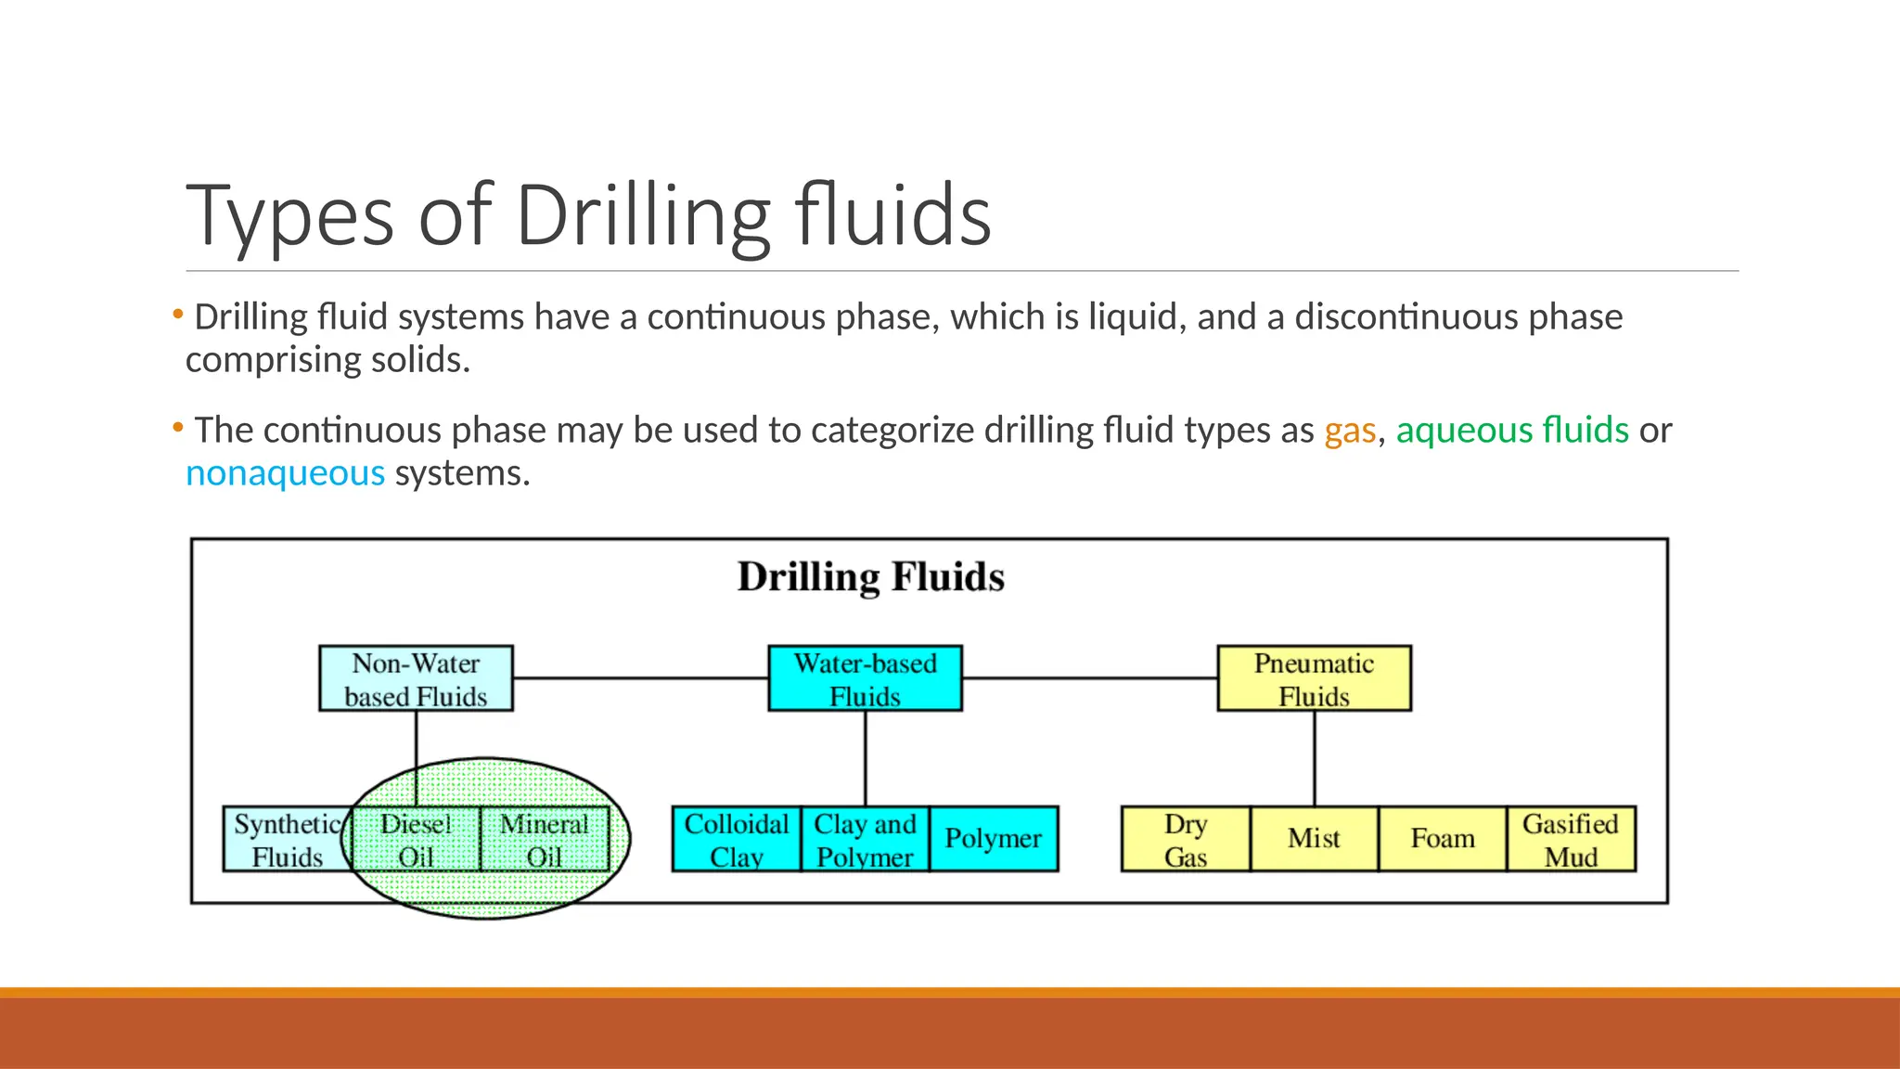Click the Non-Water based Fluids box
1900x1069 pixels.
point(416,678)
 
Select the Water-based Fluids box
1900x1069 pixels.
point(865,678)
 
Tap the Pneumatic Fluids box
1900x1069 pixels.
point(1314,678)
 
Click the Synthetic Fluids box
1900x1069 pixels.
point(287,839)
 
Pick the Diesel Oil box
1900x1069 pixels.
point(416,839)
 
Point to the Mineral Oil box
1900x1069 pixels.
point(545,839)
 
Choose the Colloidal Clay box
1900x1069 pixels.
point(736,839)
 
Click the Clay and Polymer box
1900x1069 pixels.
point(865,839)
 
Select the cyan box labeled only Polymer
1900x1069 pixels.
point(993,839)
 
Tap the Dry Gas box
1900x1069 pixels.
point(1186,839)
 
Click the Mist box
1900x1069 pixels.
point(1314,839)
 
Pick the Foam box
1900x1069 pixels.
point(1443,839)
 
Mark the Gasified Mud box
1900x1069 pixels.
point(1571,839)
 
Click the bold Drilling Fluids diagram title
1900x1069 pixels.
point(870,577)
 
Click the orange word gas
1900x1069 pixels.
point(1349,431)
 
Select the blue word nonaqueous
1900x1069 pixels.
point(285,474)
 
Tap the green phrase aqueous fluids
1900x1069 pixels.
point(1512,431)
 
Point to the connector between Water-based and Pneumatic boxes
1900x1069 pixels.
point(1089,678)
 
